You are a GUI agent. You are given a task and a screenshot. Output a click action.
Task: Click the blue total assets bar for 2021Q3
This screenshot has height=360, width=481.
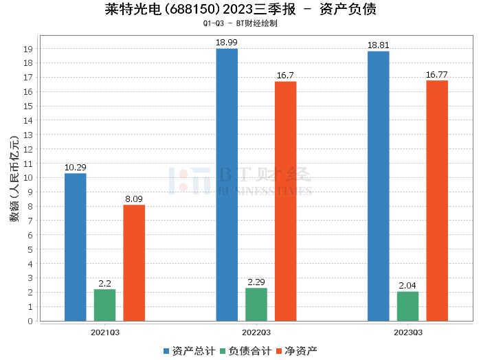76,247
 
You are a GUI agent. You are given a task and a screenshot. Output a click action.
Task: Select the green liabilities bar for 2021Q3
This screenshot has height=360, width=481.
105,305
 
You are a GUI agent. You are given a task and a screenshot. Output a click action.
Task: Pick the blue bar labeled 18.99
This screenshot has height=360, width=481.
227,185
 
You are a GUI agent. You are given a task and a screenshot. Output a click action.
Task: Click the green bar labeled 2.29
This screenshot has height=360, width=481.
256,304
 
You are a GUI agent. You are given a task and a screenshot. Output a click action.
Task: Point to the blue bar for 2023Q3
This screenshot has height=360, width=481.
378,186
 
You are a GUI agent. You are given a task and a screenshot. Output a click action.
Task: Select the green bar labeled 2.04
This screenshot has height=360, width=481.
407,306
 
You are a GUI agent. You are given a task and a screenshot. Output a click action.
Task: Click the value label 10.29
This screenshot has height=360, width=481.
75,167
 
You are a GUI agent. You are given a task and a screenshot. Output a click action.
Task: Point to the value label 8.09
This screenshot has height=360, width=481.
134,199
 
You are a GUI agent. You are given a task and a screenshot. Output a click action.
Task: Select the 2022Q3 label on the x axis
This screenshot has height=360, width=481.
256,333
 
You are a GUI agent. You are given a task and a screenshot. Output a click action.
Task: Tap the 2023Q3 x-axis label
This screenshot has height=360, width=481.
407,333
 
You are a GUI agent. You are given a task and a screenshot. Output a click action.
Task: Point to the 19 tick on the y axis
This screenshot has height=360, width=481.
29,49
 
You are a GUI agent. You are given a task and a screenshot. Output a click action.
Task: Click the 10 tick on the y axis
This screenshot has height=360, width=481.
29,178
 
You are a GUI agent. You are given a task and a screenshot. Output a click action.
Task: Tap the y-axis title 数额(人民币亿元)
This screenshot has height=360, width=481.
12,185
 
